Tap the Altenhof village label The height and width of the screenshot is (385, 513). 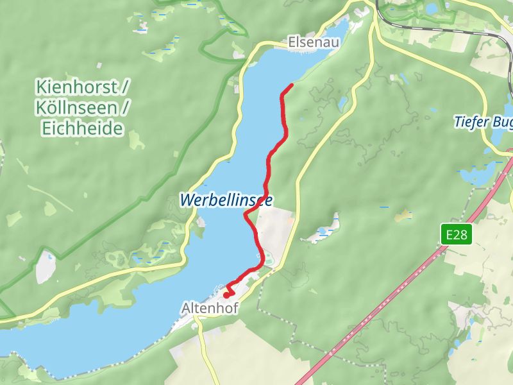click(x=210, y=309)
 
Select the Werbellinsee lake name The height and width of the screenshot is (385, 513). click(x=226, y=200)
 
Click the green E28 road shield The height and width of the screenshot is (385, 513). click(x=457, y=235)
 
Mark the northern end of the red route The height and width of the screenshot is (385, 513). click(x=292, y=85)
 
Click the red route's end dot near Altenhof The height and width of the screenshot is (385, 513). click(x=226, y=295)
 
